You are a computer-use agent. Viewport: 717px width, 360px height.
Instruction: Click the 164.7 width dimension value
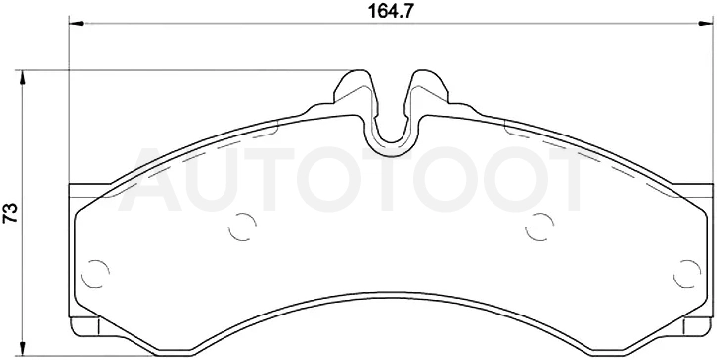(391, 12)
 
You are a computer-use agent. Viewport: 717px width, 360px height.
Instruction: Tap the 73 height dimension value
(11, 213)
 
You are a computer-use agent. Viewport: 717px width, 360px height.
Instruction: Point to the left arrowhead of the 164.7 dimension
(77, 23)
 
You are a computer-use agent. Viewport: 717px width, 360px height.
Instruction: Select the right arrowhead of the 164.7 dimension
(706, 23)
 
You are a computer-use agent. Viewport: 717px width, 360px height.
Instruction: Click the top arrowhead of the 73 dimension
(22, 78)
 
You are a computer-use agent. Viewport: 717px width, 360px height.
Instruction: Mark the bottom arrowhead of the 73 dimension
(22, 348)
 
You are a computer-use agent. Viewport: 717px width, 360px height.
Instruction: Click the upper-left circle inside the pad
(242, 226)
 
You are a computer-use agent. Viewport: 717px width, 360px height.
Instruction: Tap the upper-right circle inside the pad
(540, 226)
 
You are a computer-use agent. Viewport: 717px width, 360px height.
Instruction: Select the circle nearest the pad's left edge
(95, 274)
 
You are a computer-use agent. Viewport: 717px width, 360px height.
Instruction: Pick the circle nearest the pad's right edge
(687, 274)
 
